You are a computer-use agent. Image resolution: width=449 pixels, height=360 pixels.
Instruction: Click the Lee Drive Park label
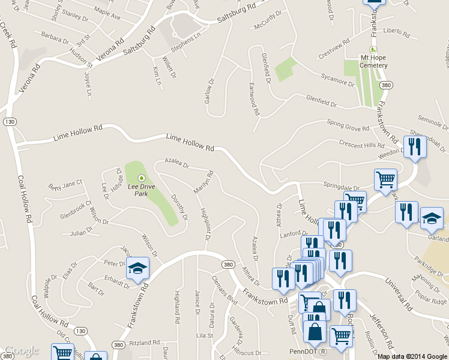(x=142, y=190)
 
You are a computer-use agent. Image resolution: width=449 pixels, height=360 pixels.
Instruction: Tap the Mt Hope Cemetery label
(x=376, y=58)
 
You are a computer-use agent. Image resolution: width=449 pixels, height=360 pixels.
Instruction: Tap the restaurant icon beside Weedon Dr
(x=415, y=147)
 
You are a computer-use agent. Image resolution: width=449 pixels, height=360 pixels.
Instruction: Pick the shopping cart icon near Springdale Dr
(x=385, y=179)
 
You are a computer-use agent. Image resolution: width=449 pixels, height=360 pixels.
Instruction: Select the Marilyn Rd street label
(x=203, y=182)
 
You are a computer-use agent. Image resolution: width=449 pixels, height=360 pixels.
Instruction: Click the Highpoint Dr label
(x=204, y=224)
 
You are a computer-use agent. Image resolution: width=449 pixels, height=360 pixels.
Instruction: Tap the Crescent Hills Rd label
(x=361, y=145)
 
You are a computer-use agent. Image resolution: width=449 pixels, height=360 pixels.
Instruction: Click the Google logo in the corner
(x=21, y=350)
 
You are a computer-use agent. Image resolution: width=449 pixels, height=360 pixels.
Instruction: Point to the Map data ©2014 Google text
(x=412, y=356)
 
